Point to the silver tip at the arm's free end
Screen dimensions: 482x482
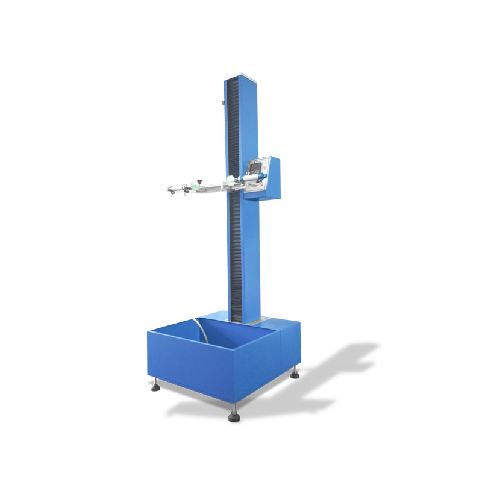169,190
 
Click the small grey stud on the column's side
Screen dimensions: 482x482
224,103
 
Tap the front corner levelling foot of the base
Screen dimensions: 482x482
234,416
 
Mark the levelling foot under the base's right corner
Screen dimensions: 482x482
295,374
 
